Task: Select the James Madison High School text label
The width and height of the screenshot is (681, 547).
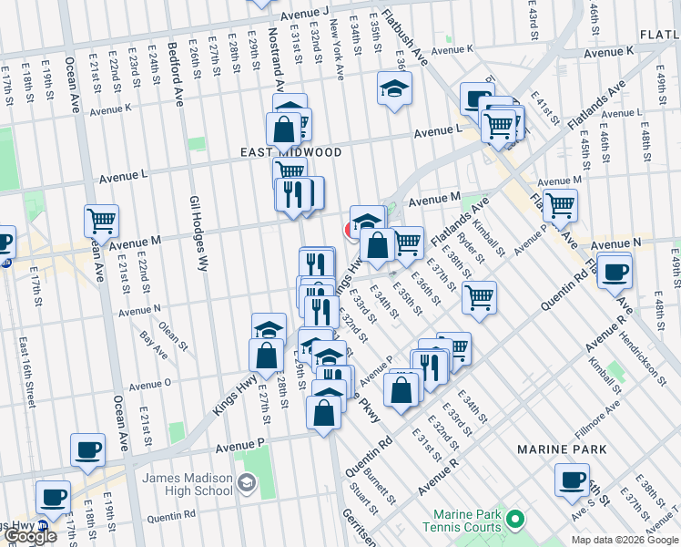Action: (x=186, y=487)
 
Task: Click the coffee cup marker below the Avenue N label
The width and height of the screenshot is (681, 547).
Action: (x=615, y=270)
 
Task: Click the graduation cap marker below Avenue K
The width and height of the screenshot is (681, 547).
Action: (x=394, y=88)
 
